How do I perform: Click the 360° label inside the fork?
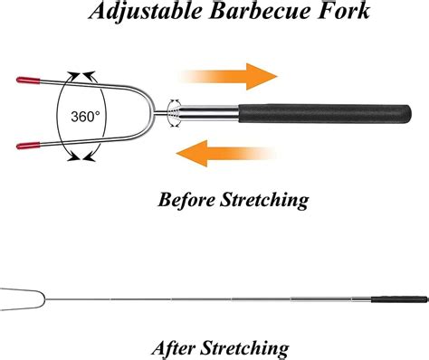point(83,116)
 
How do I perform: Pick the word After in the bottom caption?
point(182,348)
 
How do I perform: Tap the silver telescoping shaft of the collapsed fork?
point(213,114)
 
